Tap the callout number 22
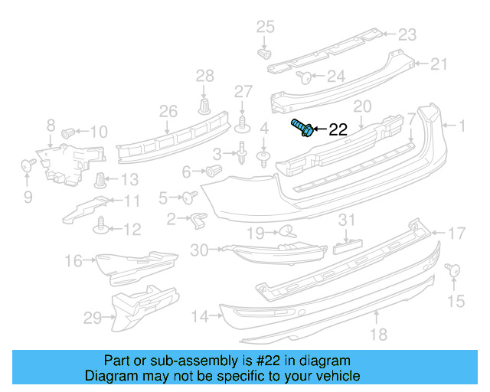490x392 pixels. [338, 129]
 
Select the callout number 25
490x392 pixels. [264, 28]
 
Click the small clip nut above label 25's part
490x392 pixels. [265, 55]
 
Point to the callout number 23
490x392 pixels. [407, 34]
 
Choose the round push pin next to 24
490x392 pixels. [303, 76]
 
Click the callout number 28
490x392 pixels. [204, 75]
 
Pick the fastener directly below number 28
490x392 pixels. [204, 105]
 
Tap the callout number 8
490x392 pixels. [51, 125]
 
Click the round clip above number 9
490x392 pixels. [28, 163]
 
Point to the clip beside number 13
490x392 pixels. [100, 181]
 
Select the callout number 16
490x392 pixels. [73, 261]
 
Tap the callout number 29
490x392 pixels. [92, 317]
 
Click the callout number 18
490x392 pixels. [377, 333]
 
